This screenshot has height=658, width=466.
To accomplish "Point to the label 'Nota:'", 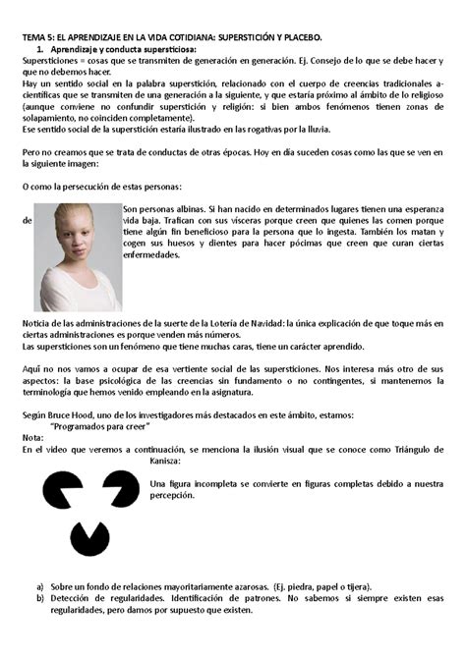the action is tap(32, 439).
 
